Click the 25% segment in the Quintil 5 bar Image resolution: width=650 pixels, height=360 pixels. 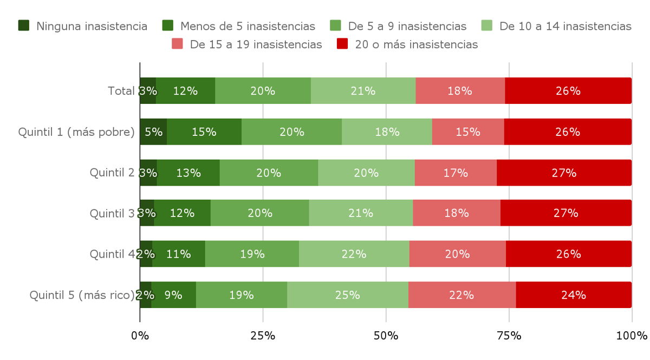[x=348, y=295]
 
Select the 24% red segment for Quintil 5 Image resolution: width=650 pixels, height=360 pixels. [x=574, y=295]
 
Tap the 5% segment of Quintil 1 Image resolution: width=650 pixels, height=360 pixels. [x=153, y=132]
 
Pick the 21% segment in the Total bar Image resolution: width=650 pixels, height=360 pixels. [x=363, y=91]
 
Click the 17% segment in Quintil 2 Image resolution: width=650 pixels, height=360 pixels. [x=456, y=173]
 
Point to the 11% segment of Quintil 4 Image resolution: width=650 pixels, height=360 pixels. [x=178, y=254]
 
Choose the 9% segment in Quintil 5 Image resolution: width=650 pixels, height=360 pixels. [x=173, y=295]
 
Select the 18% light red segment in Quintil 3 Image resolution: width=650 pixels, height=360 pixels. [x=456, y=213]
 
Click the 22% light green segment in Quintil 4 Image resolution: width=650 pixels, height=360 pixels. [x=354, y=254]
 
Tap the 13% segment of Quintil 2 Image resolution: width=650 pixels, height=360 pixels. [x=188, y=173]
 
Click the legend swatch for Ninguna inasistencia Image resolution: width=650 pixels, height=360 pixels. [x=24, y=26]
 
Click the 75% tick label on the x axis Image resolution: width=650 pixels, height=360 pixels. [x=509, y=336]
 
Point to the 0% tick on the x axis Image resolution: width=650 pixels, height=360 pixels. [x=140, y=336]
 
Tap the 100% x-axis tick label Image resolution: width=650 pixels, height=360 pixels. [x=632, y=336]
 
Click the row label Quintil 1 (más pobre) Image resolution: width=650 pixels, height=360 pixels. [x=76, y=132]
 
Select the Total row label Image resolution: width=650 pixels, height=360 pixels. [x=121, y=91]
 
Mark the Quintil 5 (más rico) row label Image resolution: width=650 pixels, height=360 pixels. [x=82, y=295]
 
